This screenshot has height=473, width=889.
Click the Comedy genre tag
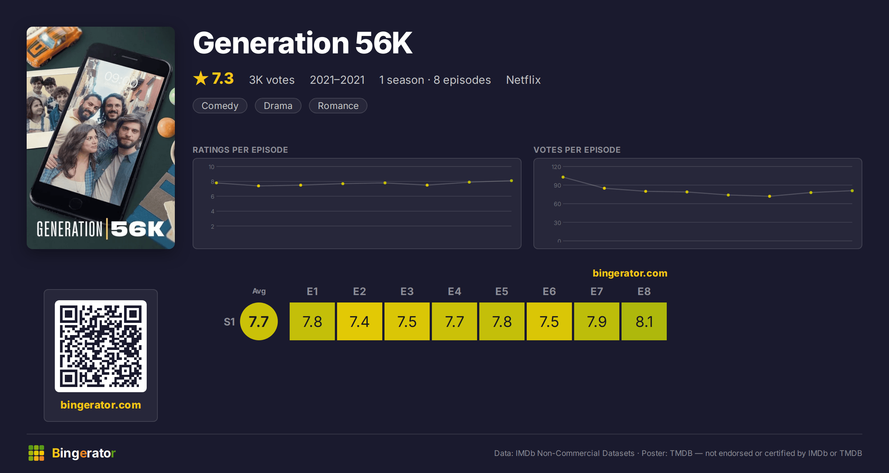(x=220, y=106)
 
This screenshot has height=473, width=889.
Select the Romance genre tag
(x=338, y=106)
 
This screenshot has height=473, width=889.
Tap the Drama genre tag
(x=278, y=106)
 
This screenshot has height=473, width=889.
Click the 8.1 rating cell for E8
(x=644, y=321)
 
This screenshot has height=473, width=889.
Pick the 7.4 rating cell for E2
(x=360, y=321)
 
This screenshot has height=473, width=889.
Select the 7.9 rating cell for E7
(x=597, y=321)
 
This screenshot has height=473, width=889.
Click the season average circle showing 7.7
(x=259, y=321)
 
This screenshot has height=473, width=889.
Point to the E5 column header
(x=502, y=291)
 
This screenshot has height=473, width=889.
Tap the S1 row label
(x=229, y=322)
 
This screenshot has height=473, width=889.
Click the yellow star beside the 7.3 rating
(x=201, y=78)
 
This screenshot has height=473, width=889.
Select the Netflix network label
(x=523, y=80)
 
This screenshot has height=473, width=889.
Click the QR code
(x=101, y=346)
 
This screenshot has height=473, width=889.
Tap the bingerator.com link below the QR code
(x=101, y=405)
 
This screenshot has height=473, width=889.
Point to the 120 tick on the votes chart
(x=556, y=167)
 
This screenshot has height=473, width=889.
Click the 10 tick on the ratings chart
(x=211, y=167)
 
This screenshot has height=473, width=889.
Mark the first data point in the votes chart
(x=563, y=177)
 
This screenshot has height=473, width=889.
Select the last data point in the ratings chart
(x=512, y=181)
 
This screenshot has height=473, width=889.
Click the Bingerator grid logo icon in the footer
(x=36, y=453)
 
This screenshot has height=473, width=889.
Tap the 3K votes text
(x=272, y=80)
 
